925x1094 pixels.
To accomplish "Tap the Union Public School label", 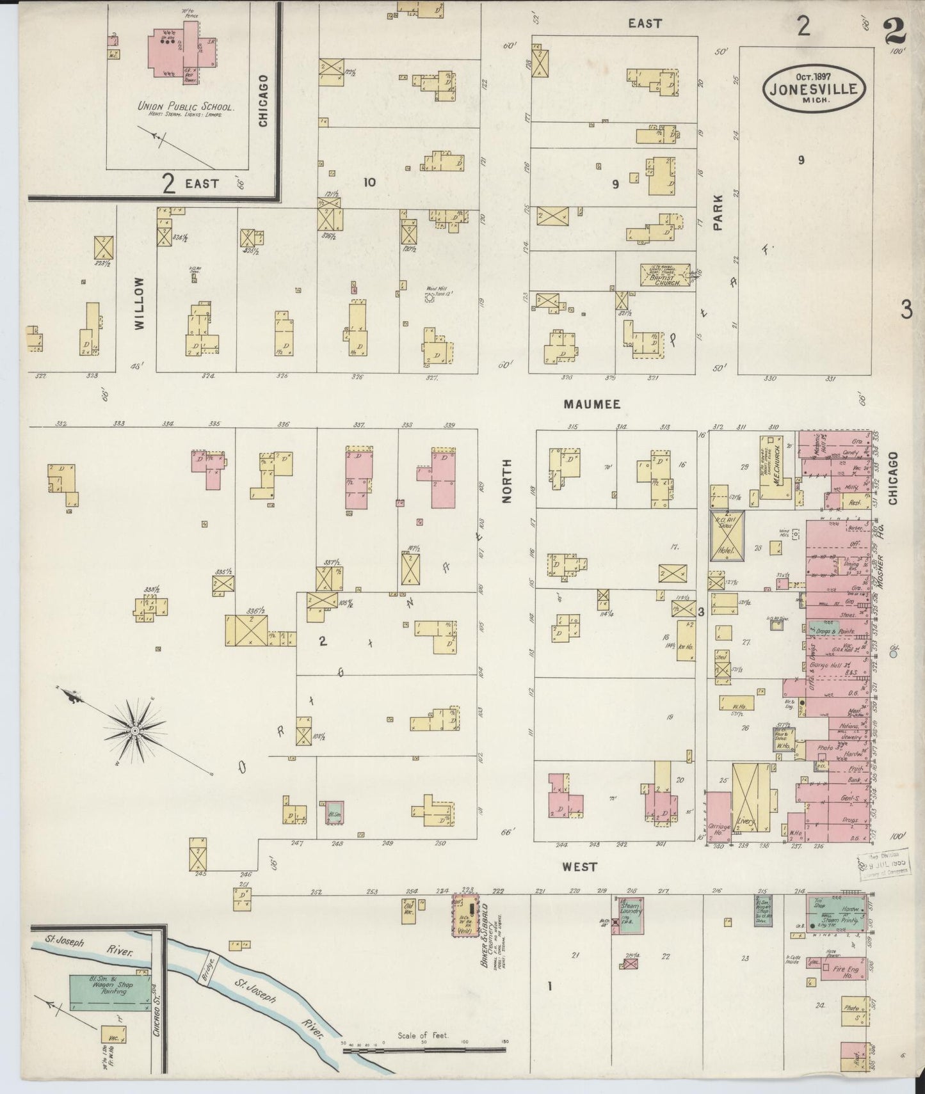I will [x=186, y=107].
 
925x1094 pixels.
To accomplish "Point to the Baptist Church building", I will [x=666, y=274].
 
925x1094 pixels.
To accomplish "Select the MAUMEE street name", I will [x=591, y=404].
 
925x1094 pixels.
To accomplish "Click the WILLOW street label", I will [x=140, y=303].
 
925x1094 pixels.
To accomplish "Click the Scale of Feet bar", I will [x=422, y=1049].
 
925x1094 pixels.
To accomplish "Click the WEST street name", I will [x=579, y=866].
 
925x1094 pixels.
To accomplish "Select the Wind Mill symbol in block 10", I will [x=430, y=297].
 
